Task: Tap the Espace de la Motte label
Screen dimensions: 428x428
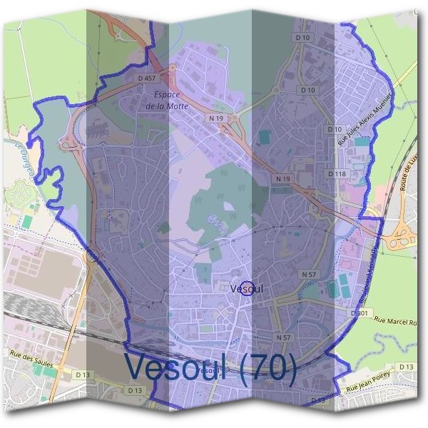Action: coord(163,99)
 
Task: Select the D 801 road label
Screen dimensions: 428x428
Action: coord(362,312)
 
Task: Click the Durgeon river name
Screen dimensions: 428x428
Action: coord(24,152)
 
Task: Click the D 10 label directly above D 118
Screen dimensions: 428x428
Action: coord(334,129)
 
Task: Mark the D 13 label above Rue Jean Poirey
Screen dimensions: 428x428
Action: coord(406,367)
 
